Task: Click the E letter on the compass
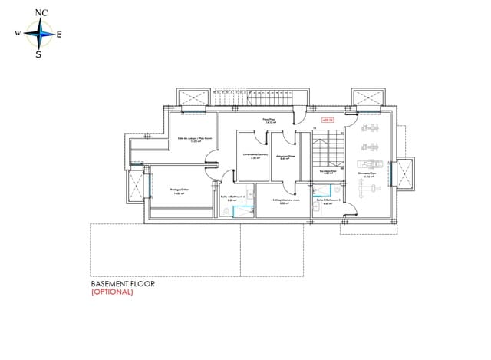click(60, 34)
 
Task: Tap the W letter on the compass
click(17, 34)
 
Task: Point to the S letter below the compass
click(38, 54)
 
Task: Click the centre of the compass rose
click(38, 33)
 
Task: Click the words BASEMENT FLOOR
click(123, 283)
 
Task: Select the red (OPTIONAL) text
click(112, 292)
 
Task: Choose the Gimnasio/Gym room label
click(368, 174)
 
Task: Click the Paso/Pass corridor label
click(269, 121)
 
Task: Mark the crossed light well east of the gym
click(404, 173)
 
